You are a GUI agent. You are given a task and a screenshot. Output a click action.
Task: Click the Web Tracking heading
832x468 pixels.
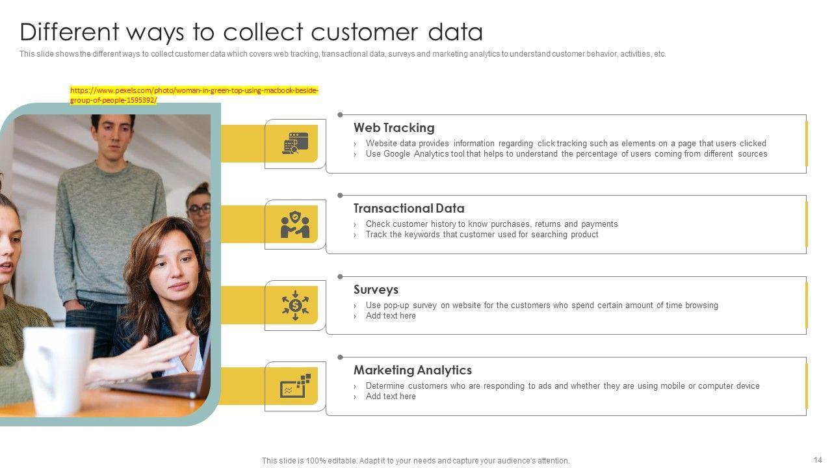click(394, 128)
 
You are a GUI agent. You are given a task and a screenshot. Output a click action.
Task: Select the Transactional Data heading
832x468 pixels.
click(409, 209)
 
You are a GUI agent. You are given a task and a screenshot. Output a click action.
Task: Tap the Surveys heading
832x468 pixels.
click(376, 289)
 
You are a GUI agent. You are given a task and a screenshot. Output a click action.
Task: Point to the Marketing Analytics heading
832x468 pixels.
click(412, 370)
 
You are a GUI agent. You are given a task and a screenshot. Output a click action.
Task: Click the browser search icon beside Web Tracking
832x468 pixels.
click(295, 144)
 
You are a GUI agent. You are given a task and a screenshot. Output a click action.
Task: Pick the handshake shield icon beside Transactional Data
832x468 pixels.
click(295, 224)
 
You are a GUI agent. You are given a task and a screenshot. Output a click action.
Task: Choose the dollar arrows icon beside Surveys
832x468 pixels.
click(295, 305)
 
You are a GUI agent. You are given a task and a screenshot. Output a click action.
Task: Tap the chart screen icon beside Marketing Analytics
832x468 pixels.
click(295, 386)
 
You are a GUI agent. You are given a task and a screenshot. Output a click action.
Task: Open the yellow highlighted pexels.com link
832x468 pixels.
click(194, 95)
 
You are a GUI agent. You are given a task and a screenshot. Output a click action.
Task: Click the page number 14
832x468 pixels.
click(818, 460)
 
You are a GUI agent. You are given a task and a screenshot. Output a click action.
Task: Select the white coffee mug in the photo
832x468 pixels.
click(58, 370)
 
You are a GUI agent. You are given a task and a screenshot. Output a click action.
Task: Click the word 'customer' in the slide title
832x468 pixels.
click(365, 32)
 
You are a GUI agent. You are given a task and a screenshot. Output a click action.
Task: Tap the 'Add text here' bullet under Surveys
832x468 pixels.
click(391, 316)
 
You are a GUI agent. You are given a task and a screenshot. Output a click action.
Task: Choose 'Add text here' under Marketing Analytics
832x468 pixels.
click(391, 396)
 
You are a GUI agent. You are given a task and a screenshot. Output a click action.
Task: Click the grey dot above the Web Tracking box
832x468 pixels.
click(340, 115)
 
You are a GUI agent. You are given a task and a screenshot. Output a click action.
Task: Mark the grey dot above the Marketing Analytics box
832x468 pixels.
click(340, 357)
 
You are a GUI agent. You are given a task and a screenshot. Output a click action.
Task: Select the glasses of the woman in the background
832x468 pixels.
click(200, 209)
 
